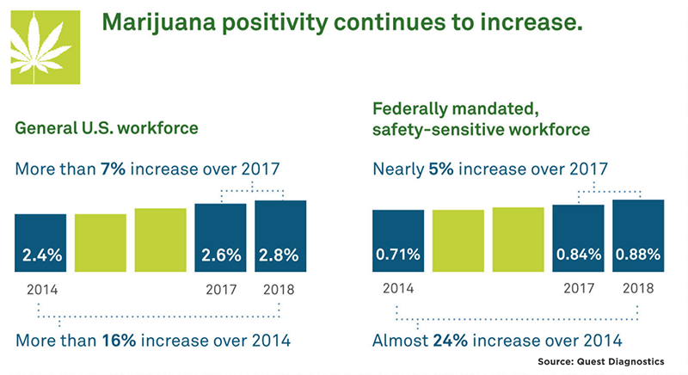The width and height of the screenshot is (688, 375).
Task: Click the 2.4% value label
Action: click(40, 255)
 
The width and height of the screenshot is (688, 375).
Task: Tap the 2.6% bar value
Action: click(220, 255)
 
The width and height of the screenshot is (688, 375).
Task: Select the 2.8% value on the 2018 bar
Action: click(280, 255)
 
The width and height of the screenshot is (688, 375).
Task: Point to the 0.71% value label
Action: click(398, 255)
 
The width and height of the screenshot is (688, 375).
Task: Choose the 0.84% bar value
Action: click(578, 255)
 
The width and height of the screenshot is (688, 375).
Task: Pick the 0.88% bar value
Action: click(638, 255)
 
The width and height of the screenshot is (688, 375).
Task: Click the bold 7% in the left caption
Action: click(114, 169)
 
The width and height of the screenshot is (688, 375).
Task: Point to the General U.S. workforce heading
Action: click(107, 129)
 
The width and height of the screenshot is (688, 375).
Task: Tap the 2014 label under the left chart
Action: click(40, 290)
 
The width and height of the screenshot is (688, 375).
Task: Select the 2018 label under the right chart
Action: click(638, 290)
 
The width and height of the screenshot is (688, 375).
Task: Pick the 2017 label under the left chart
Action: click(220, 290)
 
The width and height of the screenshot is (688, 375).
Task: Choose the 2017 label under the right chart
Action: click(578, 290)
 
